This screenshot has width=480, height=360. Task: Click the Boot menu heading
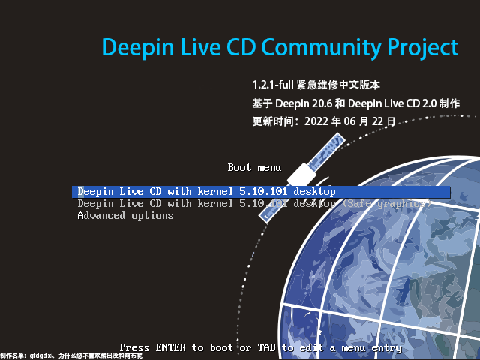point(254,167)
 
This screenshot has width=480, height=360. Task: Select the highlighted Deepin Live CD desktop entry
point(206,192)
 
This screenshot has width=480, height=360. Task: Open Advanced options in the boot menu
point(125,216)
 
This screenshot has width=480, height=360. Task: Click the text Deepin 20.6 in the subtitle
point(301,103)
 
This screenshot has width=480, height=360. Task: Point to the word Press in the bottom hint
point(134,347)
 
